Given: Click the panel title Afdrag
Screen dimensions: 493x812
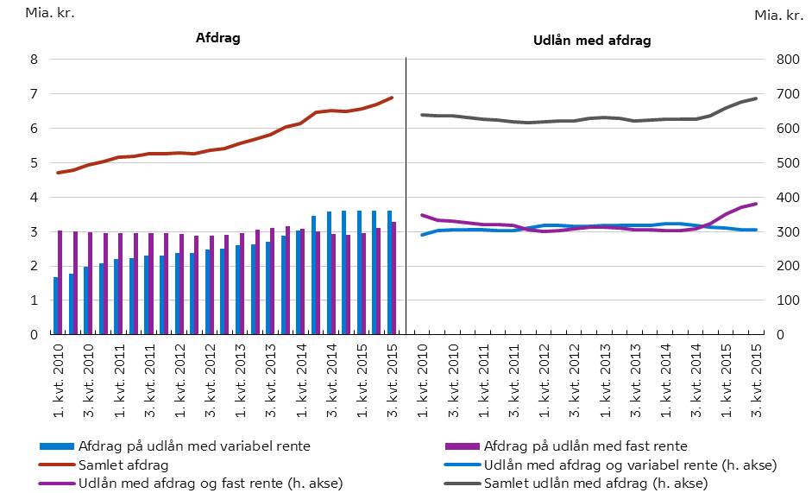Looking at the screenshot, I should point(217,39).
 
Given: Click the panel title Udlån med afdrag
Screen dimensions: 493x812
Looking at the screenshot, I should point(588,41).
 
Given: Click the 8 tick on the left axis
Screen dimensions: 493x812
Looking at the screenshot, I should point(33,60).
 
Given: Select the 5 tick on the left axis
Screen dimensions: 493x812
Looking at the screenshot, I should point(33,163).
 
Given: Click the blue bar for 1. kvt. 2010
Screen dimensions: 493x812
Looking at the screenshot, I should point(56,306).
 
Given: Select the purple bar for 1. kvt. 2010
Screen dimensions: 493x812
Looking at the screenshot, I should point(60,282).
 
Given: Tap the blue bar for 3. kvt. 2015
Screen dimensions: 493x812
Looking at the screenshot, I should point(389,273).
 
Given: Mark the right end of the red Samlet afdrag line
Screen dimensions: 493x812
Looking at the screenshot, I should point(393,98).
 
